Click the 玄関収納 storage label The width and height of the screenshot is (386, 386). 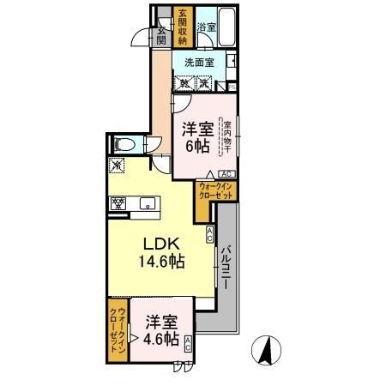click(x=183, y=27)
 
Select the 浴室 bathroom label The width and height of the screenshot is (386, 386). click(x=206, y=27)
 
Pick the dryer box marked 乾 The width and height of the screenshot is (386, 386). click(x=184, y=83)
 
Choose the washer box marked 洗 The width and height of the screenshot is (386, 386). click(x=204, y=83)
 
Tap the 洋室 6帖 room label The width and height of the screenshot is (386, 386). click(x=196, y=137)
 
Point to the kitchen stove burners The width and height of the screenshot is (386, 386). click(x=119, y=203)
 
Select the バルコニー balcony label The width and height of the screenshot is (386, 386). click(x=225, y=270)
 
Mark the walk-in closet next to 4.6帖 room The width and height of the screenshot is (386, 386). click(x=118, y=330)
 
